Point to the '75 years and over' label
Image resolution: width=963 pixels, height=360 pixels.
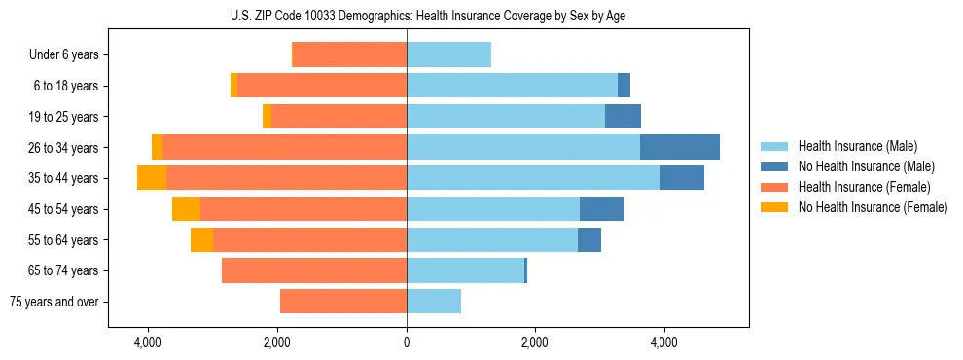point(54,302)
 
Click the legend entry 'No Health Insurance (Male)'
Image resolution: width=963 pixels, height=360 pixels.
point(866,167)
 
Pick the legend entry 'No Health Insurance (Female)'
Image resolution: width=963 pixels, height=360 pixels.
point(873,207)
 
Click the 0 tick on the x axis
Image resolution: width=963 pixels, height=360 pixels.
point(407,342)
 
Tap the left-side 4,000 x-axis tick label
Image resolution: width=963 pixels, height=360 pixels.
point(148,342)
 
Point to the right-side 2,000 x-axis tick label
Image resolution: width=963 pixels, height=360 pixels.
point(535,342)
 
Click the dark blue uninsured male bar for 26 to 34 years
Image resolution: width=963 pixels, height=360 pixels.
point(680,147)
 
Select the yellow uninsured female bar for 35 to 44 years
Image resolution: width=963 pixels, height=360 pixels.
point(152,178)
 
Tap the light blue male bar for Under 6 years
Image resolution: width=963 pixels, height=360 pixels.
point(448,55)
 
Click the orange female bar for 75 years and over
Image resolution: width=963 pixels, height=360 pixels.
point(343,302)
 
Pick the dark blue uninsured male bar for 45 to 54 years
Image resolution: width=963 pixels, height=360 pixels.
point(601,209)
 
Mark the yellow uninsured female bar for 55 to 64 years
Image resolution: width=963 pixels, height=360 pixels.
point(201,239)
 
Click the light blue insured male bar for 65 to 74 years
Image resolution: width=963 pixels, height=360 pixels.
point(465,270)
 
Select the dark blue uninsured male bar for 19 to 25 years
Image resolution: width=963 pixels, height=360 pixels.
point(623,117)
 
